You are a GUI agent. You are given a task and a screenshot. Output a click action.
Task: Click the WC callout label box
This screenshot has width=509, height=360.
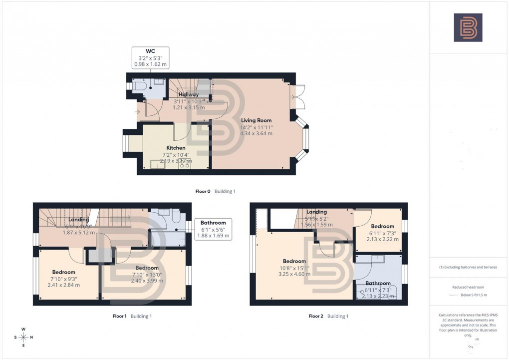coord(150,58)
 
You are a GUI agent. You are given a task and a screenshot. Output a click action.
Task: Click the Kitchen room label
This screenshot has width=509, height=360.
coord(176,154)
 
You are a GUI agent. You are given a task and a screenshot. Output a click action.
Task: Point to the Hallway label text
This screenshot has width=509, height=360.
coord(188,94)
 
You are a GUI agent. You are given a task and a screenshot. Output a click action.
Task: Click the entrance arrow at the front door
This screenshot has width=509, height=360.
coord(137,111)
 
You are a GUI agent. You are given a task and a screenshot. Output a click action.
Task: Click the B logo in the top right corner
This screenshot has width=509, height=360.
coord(468,27)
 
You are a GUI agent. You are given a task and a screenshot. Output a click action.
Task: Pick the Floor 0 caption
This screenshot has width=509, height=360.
coord(216,191)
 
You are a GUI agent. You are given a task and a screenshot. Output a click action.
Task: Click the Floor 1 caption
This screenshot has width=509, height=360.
coord(132,316)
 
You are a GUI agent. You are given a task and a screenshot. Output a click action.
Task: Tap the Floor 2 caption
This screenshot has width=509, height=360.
coord(329,316)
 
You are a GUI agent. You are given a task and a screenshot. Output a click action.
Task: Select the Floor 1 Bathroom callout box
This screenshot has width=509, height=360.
coord(213,229)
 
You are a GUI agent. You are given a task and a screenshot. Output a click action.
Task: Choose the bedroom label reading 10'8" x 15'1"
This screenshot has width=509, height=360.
coord(294,268)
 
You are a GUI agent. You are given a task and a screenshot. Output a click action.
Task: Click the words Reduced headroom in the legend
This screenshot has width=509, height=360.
coord(468,287)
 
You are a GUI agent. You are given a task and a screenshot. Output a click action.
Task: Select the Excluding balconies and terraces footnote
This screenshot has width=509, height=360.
coord(468,267)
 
